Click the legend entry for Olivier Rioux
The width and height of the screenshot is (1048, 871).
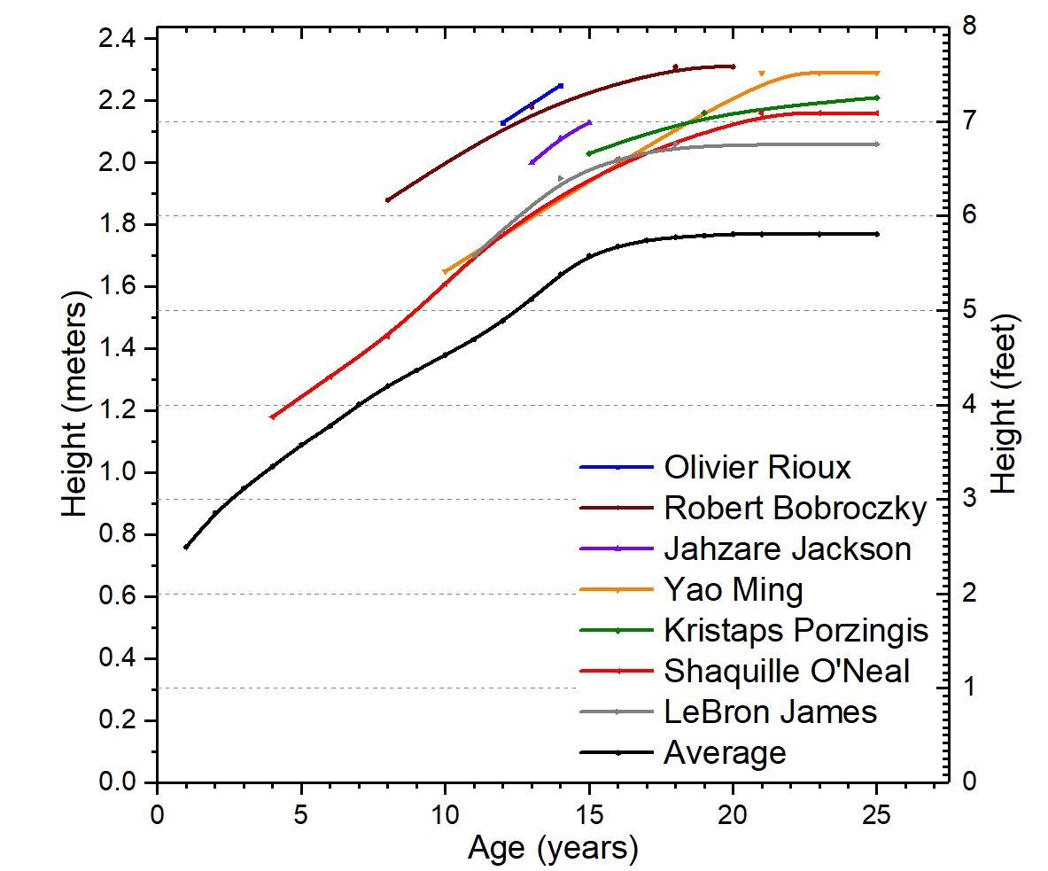coord(757,467)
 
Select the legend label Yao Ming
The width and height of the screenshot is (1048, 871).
coord(734,589)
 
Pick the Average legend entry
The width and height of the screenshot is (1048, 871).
coord(725,752)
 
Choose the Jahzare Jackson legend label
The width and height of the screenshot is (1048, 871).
coord(787,548)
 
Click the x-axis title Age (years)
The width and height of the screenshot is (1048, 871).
coord(553,848)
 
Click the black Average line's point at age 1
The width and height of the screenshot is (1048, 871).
coord(186,547)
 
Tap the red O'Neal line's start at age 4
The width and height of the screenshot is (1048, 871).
coord(272,416)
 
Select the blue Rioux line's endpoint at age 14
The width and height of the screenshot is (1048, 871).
coord(561,85)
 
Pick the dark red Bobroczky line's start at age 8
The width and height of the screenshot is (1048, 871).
coord(387,200)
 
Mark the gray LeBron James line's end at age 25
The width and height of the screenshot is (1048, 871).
coord(877,144)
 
